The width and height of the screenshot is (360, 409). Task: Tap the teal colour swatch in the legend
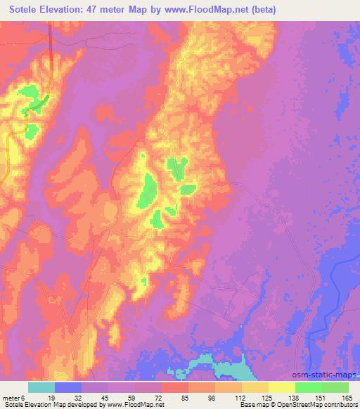coord(41,387)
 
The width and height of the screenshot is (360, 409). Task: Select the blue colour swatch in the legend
coord(68,387)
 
